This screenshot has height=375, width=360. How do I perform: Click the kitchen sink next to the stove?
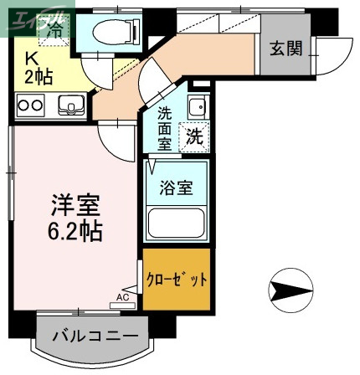coord(69,105)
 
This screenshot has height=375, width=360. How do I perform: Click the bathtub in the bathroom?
coord(177,223)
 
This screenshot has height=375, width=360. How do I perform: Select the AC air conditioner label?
coord(122,296)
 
